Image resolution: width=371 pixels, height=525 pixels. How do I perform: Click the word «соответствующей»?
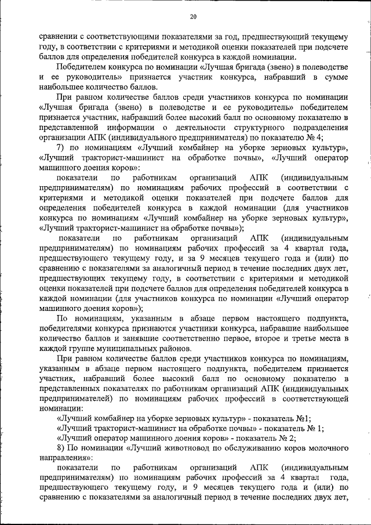tap(313, 398)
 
